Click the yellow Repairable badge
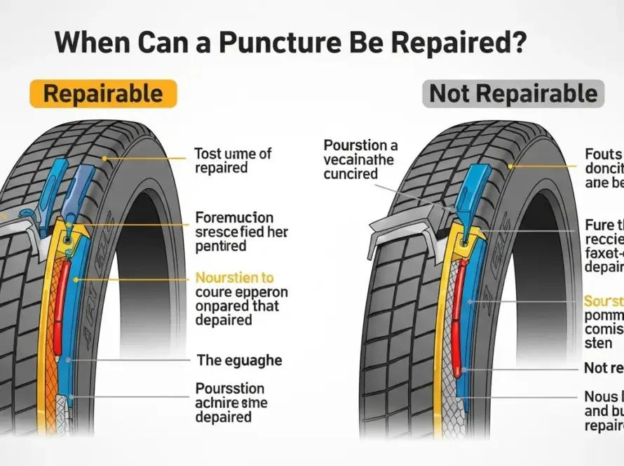point(103,93)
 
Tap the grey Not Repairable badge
point(513,93)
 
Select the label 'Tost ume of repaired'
point(232,160)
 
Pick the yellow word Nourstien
point(234,278)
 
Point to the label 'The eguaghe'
point(239,360)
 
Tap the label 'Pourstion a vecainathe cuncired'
point(360,159)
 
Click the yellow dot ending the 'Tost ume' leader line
point(105,159)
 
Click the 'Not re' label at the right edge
point(603,368)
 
